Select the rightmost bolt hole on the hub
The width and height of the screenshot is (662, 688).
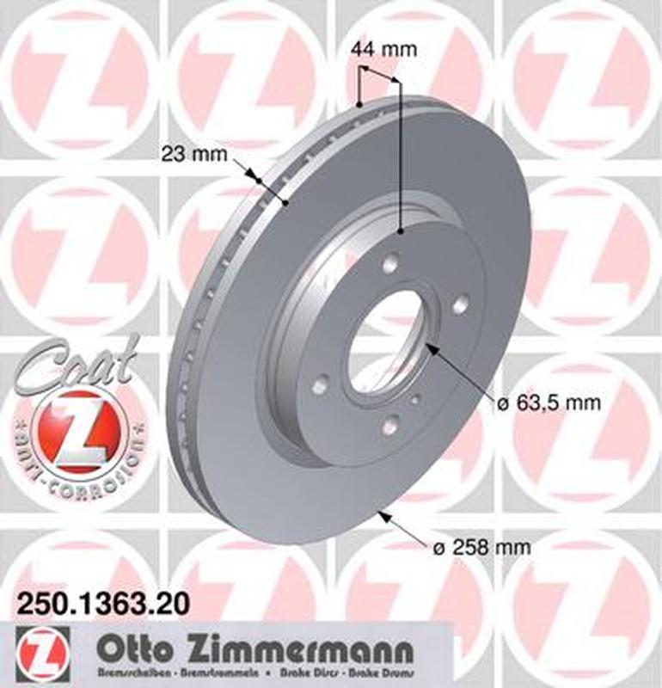point(461,304)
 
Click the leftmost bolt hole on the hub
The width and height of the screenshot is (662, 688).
point(320,386)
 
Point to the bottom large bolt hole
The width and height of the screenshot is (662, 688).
point(391,424)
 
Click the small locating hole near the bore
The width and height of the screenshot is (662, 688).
point(416,398)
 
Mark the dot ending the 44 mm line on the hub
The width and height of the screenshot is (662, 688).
point(401,230)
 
